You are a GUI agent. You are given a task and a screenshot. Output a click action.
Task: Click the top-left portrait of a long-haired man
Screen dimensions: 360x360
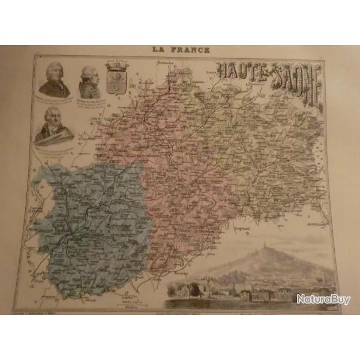tap(55, 78)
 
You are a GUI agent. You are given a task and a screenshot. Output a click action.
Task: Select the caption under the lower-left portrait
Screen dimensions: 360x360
tap(53, 148)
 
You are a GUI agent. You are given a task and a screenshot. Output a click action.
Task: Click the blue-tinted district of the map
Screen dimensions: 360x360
tap(90, 222)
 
